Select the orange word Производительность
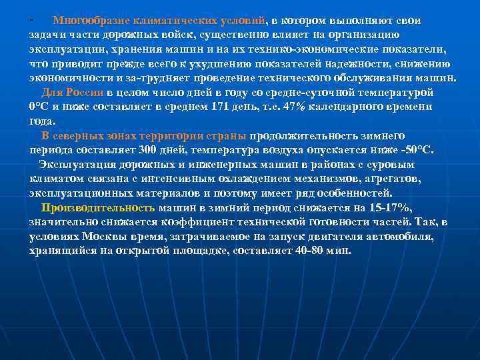pyautogui.click(x=98, y=207)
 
